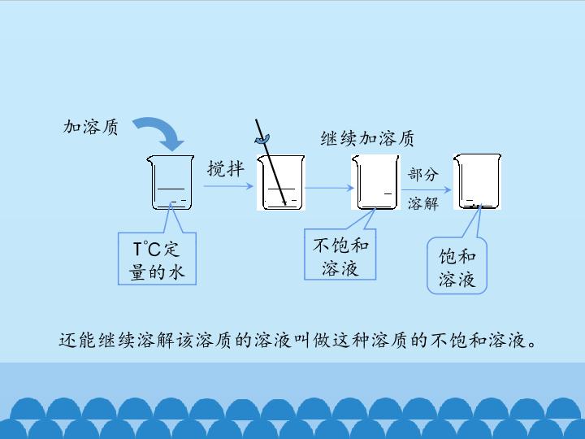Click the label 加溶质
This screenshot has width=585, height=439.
click(91, 127)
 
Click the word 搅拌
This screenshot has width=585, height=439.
click(225, 168)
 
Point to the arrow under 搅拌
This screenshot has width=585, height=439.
click(228, 186)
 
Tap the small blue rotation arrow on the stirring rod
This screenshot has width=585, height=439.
click(262, 139)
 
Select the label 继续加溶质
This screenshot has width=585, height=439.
click(367, 139)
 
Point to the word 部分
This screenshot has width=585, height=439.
click(422, 174)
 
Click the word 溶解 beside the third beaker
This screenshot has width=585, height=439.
click(422, 203)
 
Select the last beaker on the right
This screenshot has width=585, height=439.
click(477, 181)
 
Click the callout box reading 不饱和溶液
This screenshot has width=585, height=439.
click(340, 256)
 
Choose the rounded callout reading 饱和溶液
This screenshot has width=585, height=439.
click(457, 268)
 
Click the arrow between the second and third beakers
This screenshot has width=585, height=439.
click(328, 189)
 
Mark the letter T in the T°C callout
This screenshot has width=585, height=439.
click(138, 249)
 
